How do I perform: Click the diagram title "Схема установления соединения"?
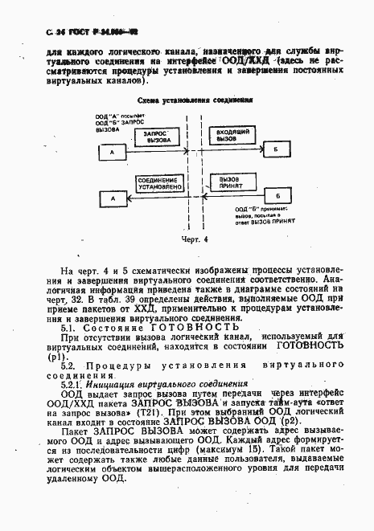pos(195,102)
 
